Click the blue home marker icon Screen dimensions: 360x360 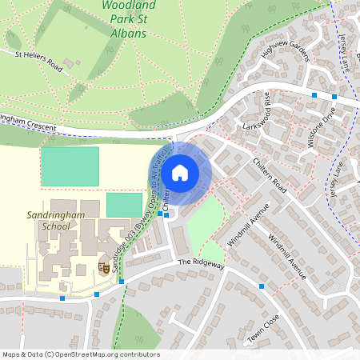180,173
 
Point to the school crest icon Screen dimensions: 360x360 102,267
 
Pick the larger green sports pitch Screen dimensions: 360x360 70,166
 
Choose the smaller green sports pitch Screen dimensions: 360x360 123,204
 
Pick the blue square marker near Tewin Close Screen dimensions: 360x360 261,286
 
